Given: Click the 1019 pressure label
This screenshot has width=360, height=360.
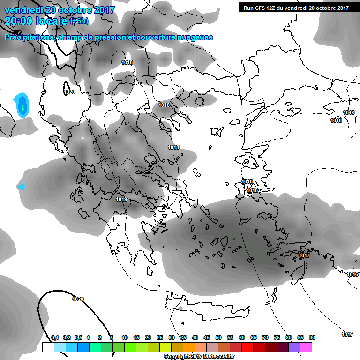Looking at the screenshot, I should (121, 199).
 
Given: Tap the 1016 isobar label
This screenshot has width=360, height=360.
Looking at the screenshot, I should (353, 274).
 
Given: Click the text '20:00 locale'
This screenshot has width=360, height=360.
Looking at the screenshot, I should (36, 21).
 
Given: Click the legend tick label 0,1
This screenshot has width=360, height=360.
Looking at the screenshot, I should (54, 337).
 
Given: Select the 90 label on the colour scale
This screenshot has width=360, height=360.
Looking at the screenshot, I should (312, 337).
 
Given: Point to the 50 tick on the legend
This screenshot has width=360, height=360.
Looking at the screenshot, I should (218, 337).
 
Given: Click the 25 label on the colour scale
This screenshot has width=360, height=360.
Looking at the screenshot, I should (160, 337).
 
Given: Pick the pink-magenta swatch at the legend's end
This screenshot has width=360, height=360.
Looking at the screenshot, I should (306, 347).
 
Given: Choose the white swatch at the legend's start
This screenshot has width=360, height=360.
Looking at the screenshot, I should (48, 347).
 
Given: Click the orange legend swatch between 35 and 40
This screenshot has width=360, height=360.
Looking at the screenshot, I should (189, 347).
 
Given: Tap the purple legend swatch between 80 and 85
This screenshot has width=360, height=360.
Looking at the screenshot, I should (294, 347).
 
